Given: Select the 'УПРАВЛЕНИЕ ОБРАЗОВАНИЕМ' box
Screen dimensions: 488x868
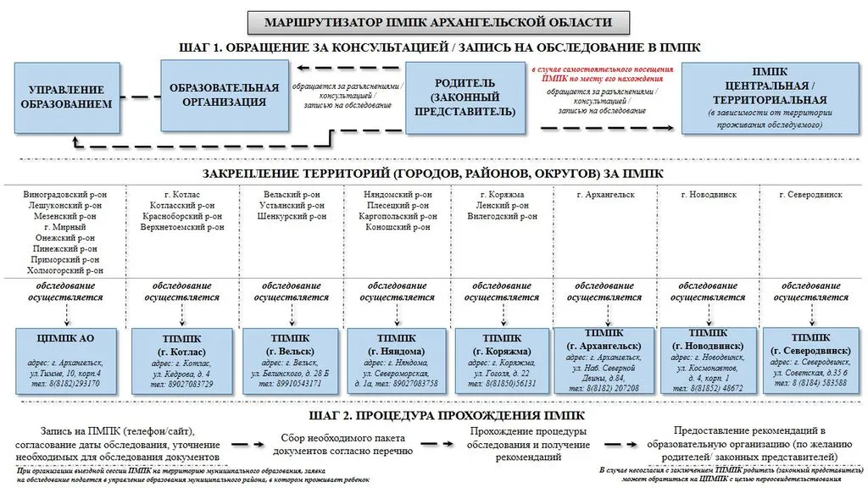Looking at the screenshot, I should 66,97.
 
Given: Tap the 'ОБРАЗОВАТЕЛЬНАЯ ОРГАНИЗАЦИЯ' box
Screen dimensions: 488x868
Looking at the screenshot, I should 224,95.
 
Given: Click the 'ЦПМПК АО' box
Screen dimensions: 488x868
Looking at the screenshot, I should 66,359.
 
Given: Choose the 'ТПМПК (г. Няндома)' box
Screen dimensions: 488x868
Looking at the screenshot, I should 397,359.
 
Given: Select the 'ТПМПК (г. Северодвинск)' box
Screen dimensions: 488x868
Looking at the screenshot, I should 810,359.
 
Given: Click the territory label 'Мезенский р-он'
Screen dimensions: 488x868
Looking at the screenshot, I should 64,216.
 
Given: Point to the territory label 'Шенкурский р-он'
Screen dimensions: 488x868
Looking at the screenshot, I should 293,216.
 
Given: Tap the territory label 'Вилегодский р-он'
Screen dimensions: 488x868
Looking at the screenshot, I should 502,216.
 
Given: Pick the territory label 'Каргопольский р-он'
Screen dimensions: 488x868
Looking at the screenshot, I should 398,216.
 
